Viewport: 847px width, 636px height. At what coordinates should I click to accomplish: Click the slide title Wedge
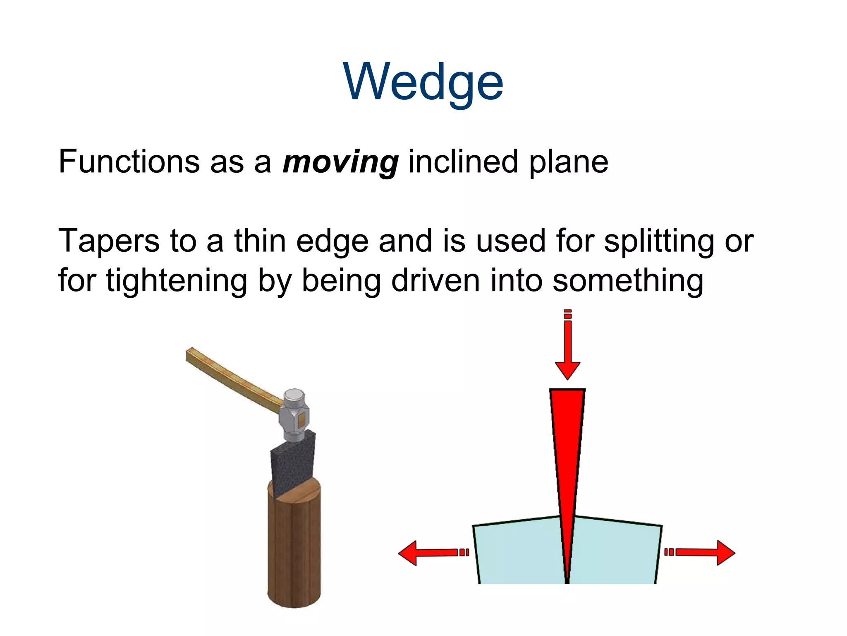[423, 82]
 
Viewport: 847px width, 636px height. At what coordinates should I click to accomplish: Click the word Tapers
[109, 241]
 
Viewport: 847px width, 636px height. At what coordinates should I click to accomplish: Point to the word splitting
[658, 241]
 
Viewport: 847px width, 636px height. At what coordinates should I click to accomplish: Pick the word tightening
[177, 281]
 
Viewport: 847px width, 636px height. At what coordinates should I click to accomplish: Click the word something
[627, 280]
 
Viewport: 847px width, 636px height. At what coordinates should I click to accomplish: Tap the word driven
[435, 280]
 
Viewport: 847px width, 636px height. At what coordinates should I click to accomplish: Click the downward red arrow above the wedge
[567, 348]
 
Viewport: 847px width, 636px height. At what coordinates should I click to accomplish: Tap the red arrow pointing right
[703, 552]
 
